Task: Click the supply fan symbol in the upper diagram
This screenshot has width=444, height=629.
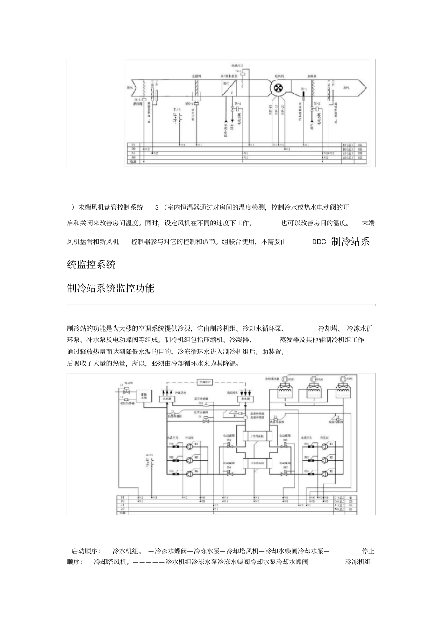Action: pos(279,87)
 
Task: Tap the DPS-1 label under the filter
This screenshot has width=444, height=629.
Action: pos(189,104)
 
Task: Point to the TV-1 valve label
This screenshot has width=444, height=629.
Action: pos(237,103)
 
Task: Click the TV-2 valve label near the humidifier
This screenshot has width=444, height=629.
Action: pos(316,103)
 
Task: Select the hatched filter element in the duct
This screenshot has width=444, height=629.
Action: pos(197,87)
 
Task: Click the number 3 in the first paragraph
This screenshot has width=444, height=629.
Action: pos(157,207)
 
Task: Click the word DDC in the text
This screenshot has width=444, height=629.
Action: pos(319,242)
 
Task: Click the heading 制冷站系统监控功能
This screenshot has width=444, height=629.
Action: pos(110,288)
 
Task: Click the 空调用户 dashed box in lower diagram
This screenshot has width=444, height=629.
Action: pos(206,382)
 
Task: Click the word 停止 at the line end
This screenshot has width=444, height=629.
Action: pos(368,551)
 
